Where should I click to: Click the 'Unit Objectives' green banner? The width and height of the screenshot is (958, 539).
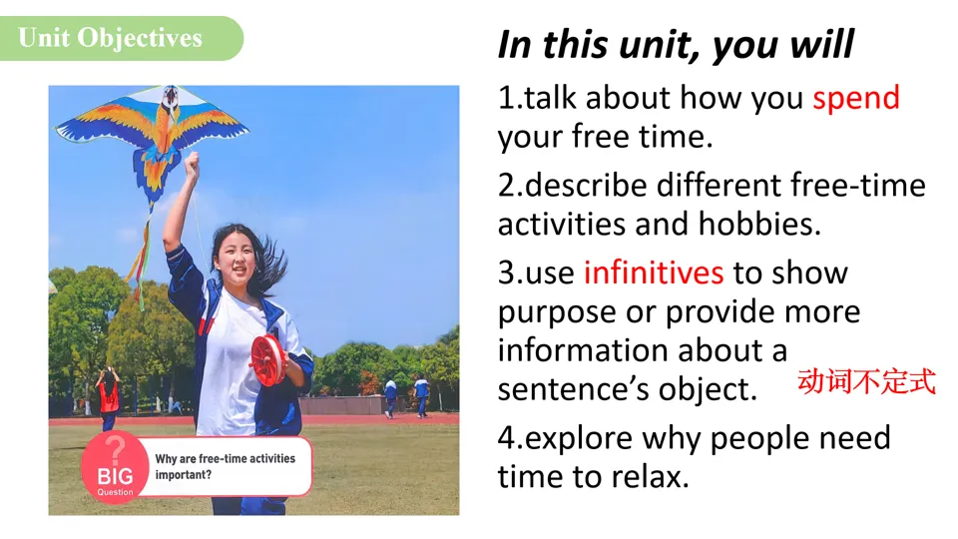click(121, 38)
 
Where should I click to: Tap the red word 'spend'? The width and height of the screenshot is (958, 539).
click(856, 99)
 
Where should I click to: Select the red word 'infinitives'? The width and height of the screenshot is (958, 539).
click(653, 272)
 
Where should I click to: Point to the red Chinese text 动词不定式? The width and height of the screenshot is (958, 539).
click(866, 382)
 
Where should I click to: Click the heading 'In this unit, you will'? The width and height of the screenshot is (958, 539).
click(676, 45)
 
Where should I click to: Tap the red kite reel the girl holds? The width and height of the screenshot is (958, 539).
click(267, 360)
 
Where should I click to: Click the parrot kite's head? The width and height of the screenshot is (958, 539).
click(171, 97)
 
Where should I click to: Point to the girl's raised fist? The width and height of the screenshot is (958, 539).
click(192, 163)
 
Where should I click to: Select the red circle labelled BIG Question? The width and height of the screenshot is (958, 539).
click(115, 468)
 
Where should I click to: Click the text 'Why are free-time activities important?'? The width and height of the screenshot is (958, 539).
click(225, 466)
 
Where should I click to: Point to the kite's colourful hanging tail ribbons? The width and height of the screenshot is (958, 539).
click(141, 257)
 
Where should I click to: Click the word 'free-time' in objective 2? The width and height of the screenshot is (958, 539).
click(858, 186)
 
